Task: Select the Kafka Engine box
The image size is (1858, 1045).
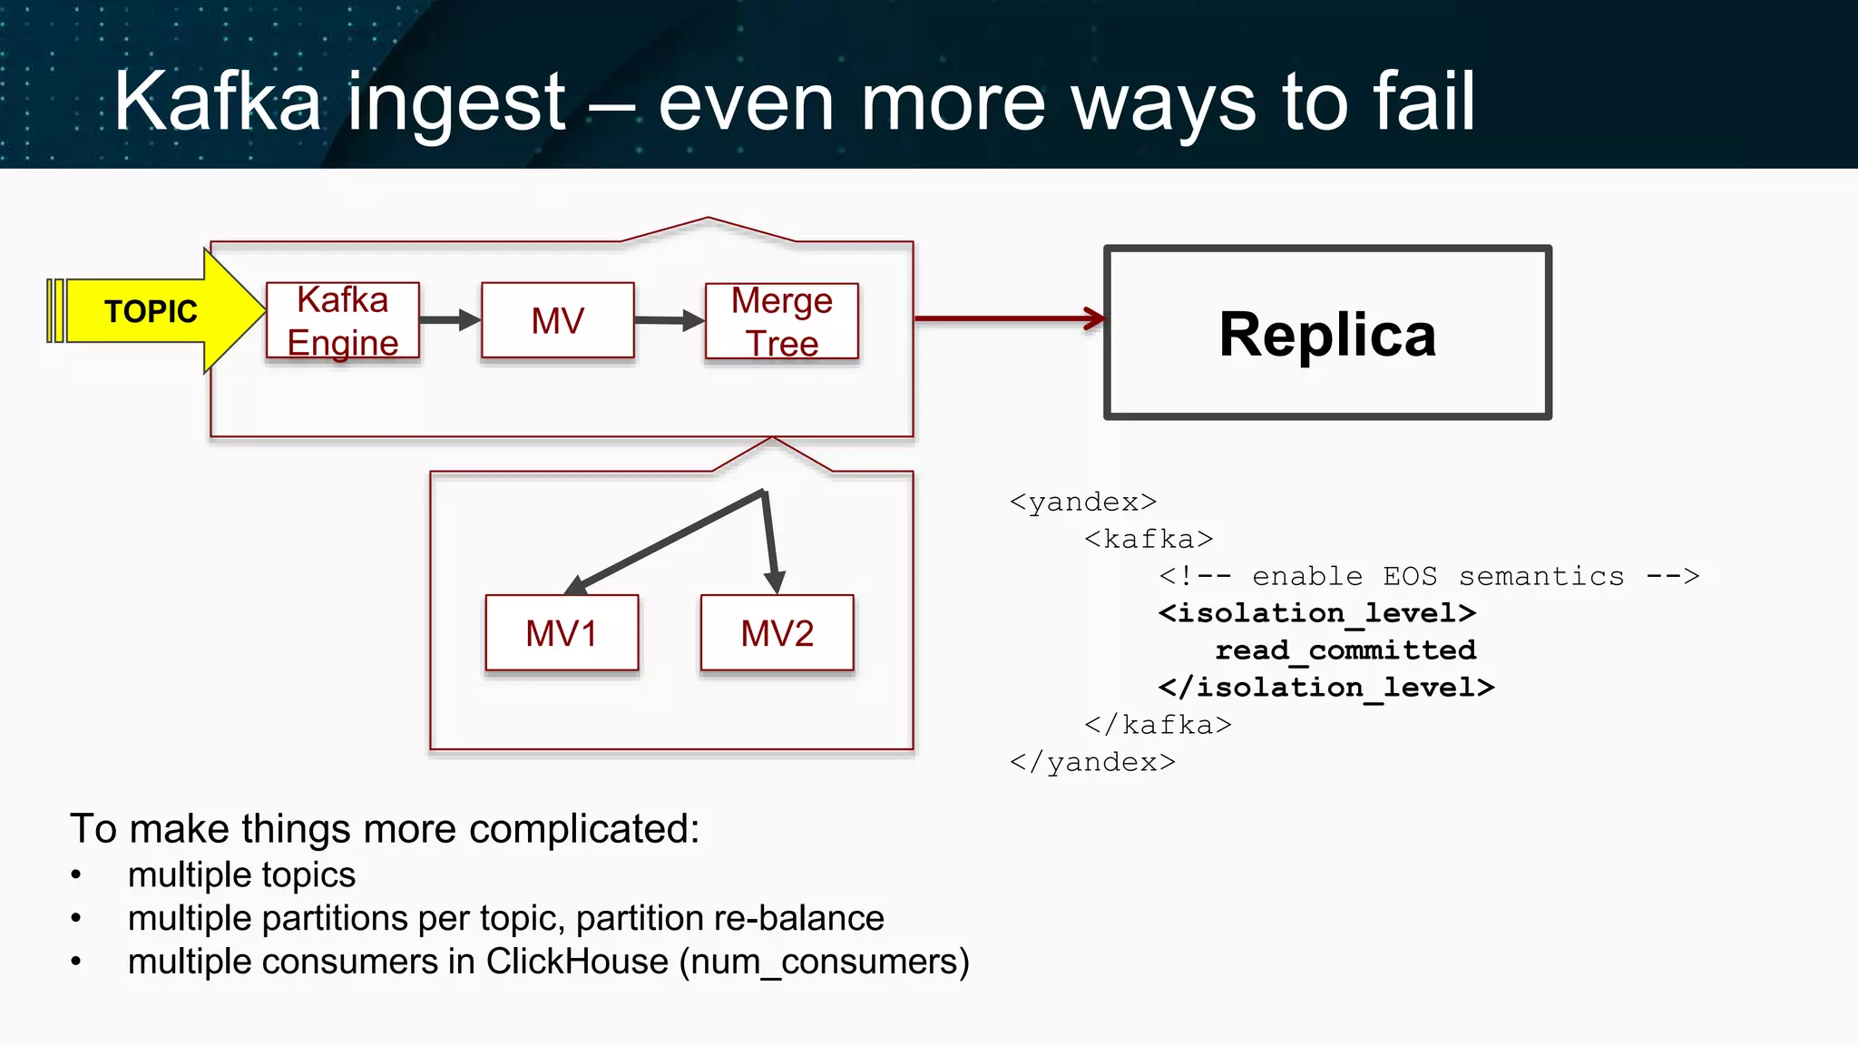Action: coord(343,321)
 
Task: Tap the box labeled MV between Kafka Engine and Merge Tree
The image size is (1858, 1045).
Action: coord(557,321)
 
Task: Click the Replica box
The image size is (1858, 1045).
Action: coord(1327,333)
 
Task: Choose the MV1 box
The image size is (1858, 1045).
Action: coord(562,633)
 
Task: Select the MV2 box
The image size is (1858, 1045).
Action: coord(777,633)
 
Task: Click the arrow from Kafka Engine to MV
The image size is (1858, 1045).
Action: coord(449,320)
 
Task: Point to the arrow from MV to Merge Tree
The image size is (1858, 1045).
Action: coord(669,320)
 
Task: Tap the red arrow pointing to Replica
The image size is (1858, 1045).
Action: coord(1007,318)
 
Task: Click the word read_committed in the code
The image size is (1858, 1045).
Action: coord(1345,650)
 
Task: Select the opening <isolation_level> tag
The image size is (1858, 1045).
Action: coord(1316,613)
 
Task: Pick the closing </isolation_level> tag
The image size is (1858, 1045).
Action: coord(1325,688)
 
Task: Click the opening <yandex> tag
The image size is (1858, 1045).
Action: coord(1083,502)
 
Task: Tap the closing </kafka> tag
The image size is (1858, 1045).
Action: coord(1158,725)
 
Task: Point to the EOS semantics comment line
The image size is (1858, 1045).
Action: coord(1429,576)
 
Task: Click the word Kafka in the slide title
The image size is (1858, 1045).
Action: coord(217,102)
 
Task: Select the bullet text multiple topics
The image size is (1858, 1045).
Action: coord(241,875)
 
